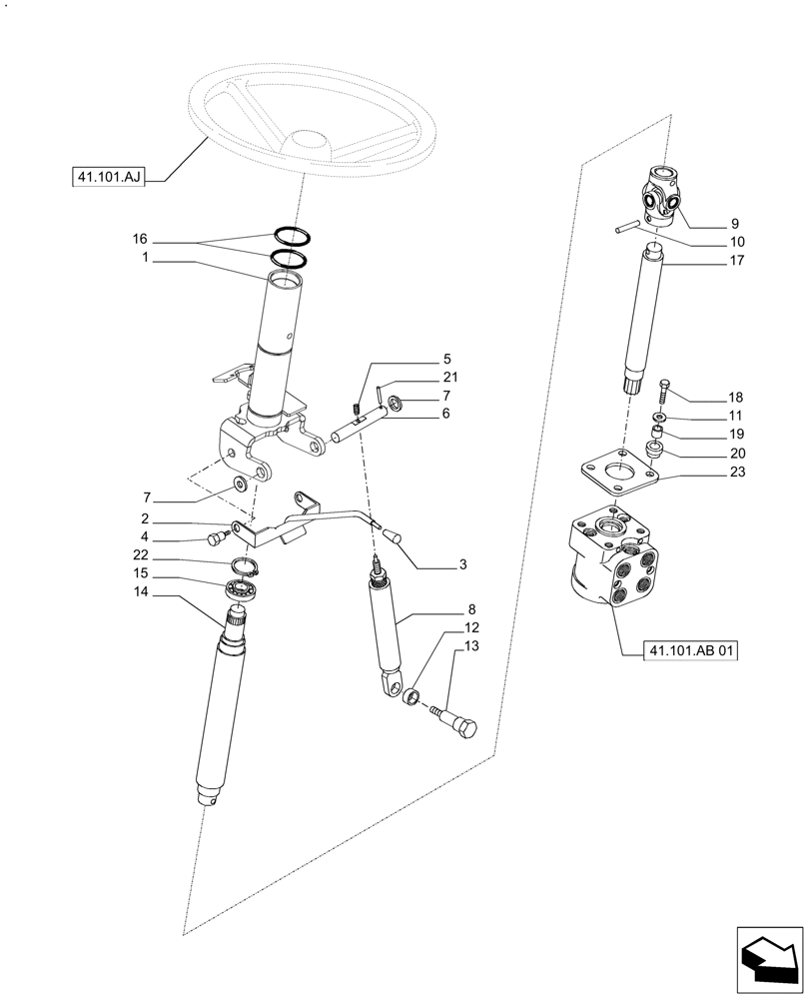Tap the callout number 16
(x=139, y=240)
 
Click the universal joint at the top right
(x=658, y=196)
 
